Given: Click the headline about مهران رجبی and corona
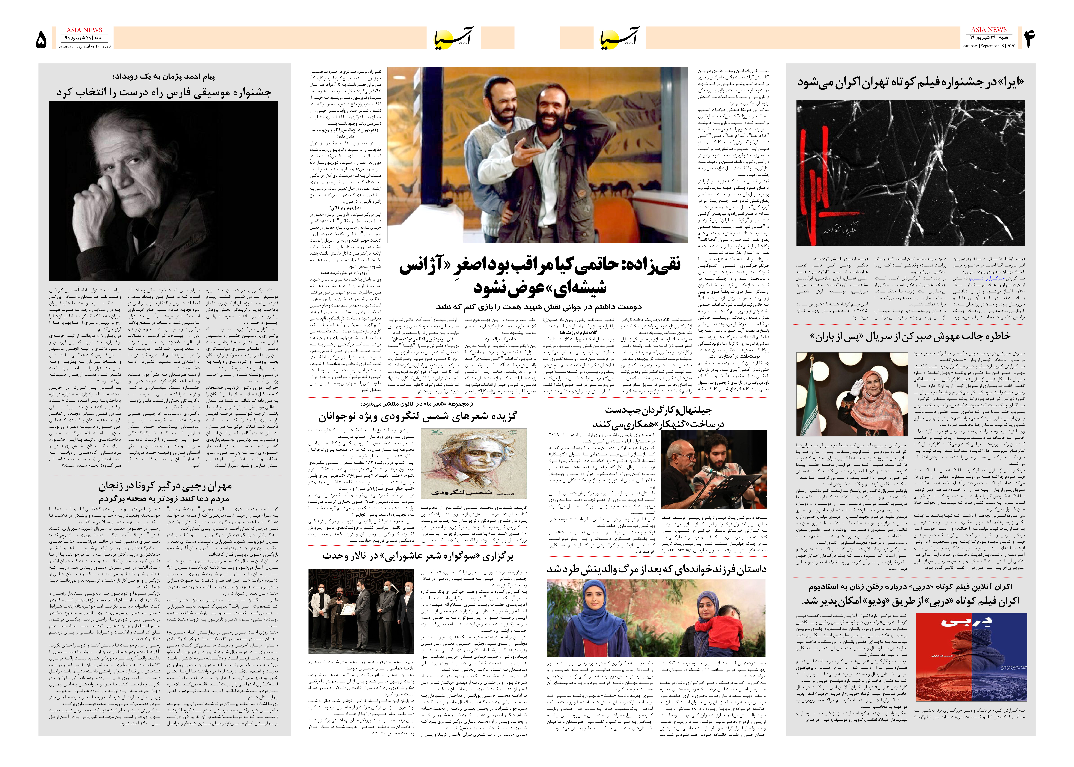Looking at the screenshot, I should pyautogui.click(x=165, y=491).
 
